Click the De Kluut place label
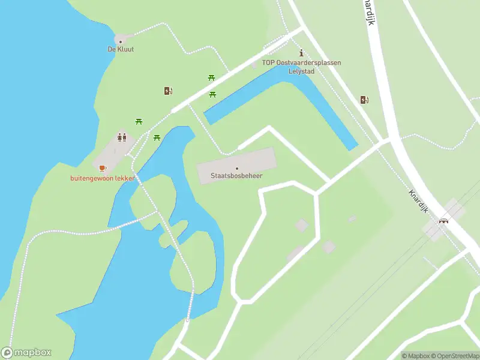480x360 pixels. (121, 49)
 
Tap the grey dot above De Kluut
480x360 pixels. (121, 41)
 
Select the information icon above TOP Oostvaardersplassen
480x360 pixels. (301, 53)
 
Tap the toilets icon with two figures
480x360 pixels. (122, 137)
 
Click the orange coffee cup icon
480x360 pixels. (102, 169)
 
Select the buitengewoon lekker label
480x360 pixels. (102, 178)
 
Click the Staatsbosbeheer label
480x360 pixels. (236, 176)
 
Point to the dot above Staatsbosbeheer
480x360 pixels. (237, 168)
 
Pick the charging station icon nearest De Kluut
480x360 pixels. (168, 91)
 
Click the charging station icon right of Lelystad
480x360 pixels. (364, 100)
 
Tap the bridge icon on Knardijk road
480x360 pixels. (444, 220)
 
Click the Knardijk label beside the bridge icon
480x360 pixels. (418, 201)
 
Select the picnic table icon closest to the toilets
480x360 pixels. (139, 121)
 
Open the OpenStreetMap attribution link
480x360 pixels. (458, 356)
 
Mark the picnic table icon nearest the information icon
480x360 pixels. (211, 77)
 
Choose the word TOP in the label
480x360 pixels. (268, 62)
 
